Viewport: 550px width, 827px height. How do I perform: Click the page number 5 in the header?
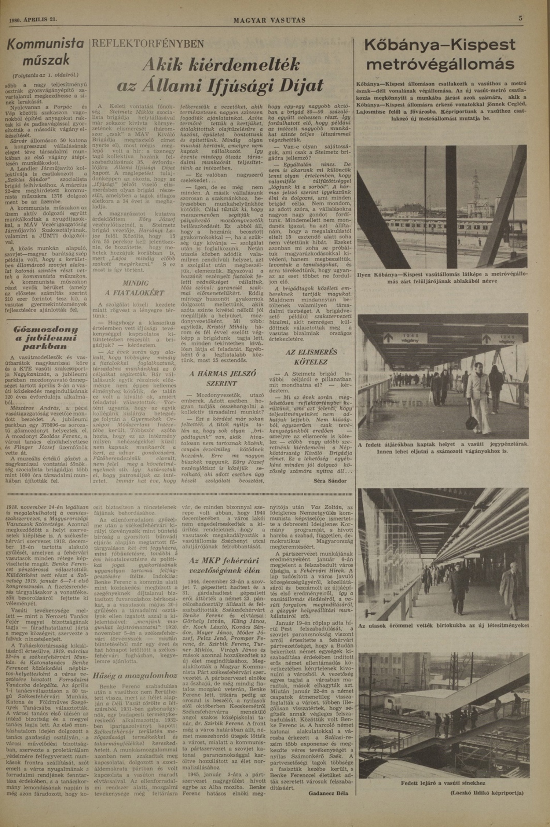coord(520,19)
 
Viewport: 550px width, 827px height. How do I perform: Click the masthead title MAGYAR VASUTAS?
coord(269,21)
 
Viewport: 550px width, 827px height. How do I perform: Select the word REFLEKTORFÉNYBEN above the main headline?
coord(148,44)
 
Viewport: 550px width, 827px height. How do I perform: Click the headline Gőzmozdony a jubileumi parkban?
coord(46,337)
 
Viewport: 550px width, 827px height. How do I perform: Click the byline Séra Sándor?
coord(330,481)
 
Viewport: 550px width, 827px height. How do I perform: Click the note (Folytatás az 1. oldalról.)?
coord(46,75)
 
